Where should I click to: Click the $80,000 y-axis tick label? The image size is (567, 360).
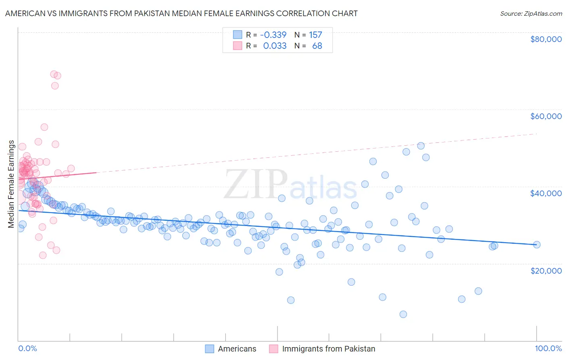tap(546, 39)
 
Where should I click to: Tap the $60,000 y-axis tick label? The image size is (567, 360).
tap(546, 116)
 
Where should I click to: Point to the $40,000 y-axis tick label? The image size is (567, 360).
tap(546, 193)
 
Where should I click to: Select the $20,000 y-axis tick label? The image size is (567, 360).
tap(546, 270)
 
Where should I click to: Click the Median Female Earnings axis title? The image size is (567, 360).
tap(11, 184)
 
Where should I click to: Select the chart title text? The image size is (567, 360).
tap(181, 13)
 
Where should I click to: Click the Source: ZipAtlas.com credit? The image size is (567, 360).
tap(531, 13)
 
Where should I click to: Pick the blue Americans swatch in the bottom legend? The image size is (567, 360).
tap(209, 349)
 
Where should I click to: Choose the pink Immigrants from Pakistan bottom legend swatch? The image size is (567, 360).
tap(273, 349)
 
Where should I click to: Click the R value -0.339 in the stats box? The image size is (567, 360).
tap(273, 35)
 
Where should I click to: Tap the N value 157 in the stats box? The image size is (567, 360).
tap(315, 35)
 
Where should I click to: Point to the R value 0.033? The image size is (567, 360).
tap(275, 46)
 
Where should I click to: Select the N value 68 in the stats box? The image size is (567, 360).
tap(317, 46)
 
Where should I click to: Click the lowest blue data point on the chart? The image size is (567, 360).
tap(403, 314)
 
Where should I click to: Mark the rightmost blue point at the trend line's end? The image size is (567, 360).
tap(536, 245)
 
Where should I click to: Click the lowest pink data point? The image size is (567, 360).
tap(43, 255)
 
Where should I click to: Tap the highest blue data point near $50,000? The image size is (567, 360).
tap(421, 146)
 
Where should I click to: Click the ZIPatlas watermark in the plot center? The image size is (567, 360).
tap(290, 185)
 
